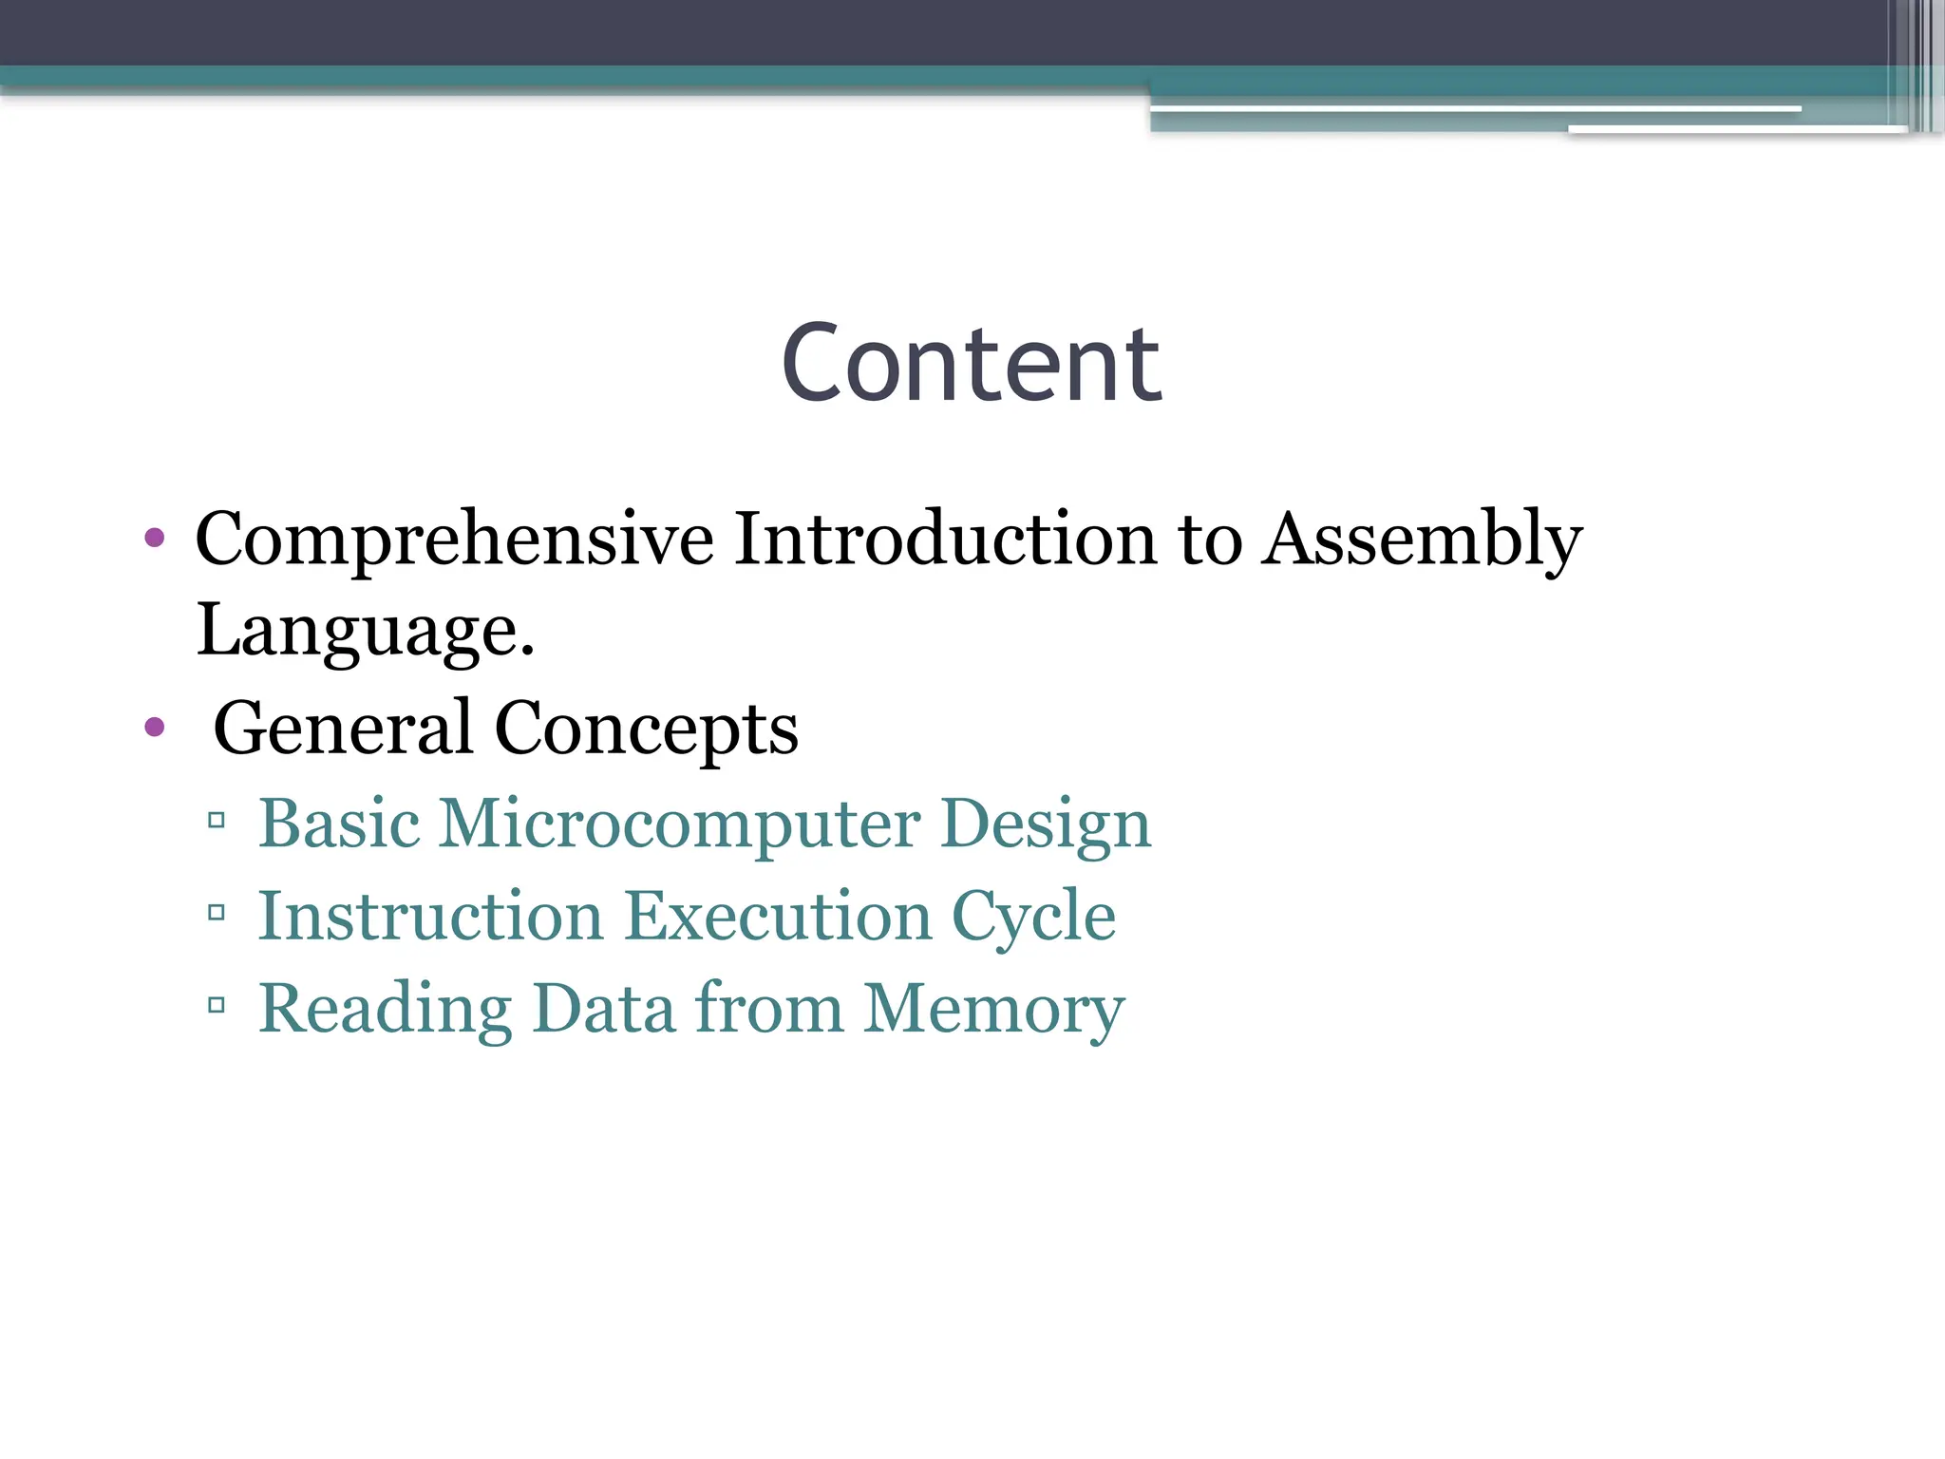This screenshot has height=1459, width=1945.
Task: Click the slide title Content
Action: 971,364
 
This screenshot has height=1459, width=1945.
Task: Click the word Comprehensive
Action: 454,540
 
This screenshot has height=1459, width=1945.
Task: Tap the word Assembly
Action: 1422,540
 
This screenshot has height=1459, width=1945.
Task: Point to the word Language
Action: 365,630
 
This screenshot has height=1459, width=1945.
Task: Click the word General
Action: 342,728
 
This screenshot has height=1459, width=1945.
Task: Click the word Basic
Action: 339,823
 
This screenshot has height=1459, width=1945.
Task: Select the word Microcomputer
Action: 678,824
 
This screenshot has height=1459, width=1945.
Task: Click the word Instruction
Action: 430,916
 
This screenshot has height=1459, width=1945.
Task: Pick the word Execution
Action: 778,916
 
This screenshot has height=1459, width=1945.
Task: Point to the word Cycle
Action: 1033,918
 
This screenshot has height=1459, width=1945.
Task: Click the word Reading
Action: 385,1009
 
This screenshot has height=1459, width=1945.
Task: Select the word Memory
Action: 994,1009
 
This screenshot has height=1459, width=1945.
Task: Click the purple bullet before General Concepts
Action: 155,729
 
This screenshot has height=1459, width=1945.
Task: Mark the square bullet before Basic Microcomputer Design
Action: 217,820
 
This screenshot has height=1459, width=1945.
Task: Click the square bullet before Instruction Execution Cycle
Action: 217,913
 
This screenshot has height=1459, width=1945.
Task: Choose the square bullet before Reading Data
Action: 217,1005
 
